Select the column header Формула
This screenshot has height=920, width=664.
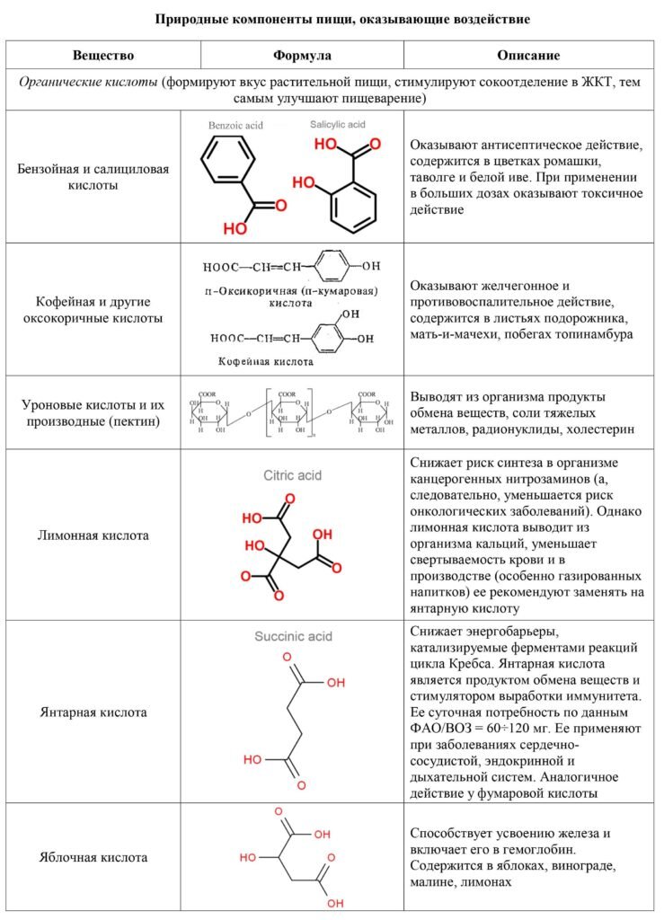coord(302,56)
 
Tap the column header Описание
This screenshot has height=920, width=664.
coord(528,56)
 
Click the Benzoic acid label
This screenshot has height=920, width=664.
coord(235,127)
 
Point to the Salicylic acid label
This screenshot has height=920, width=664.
coord(338,124)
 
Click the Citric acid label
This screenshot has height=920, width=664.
coord(292,475)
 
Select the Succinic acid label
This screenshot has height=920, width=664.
coord(292,636)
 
